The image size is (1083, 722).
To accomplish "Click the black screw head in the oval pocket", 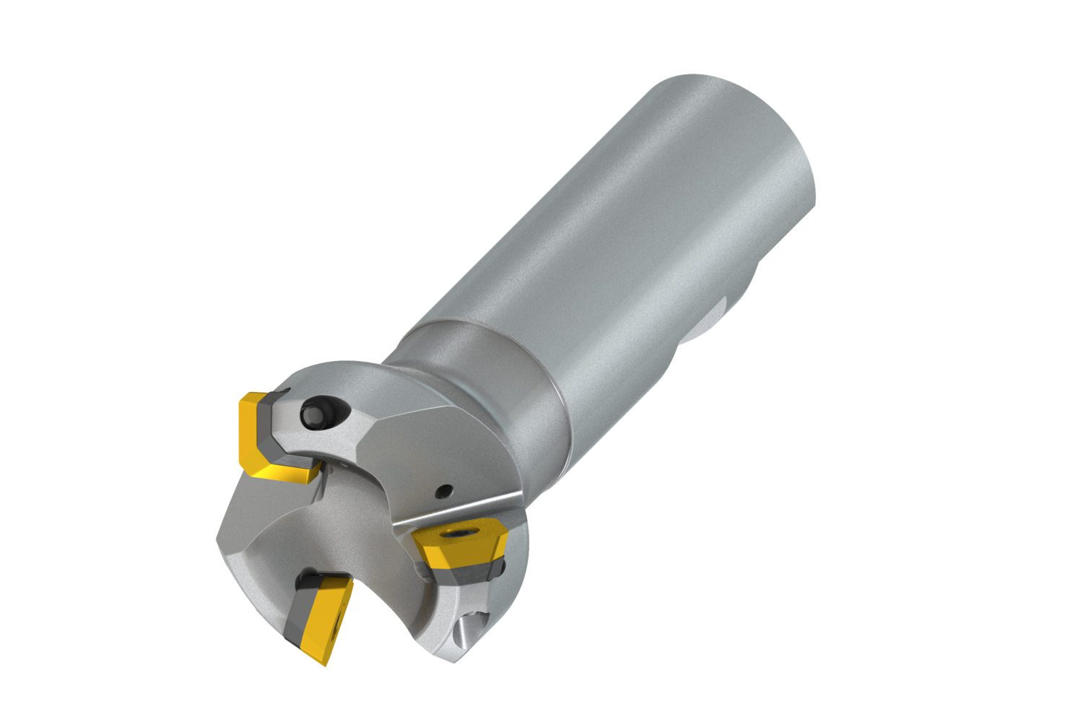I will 313,413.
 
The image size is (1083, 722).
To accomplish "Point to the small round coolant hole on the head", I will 443,492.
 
